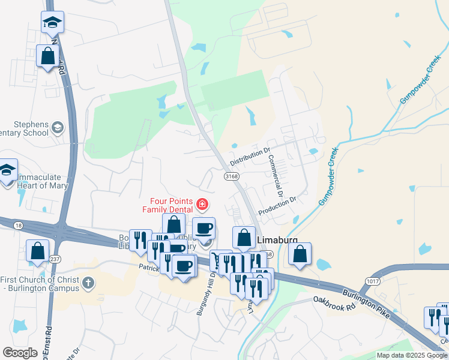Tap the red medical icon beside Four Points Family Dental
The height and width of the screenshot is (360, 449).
coord(202,205)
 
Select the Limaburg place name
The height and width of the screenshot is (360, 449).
coord(278,239)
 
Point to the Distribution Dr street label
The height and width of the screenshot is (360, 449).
coord(251,155)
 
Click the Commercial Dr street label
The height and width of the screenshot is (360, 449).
coord(275,176)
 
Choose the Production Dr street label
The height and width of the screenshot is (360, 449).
coord(277,208)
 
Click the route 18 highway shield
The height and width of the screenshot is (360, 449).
coord(19,225)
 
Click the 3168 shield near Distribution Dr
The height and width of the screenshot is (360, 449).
coord(232,176)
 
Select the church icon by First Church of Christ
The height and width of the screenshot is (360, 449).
coord(88,282)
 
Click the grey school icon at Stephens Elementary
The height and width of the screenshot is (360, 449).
coord(57,127)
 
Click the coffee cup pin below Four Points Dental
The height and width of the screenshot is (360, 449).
coord(203,229)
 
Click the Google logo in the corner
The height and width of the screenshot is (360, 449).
coord(20,353)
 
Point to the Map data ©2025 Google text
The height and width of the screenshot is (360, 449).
coord(412,355)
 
